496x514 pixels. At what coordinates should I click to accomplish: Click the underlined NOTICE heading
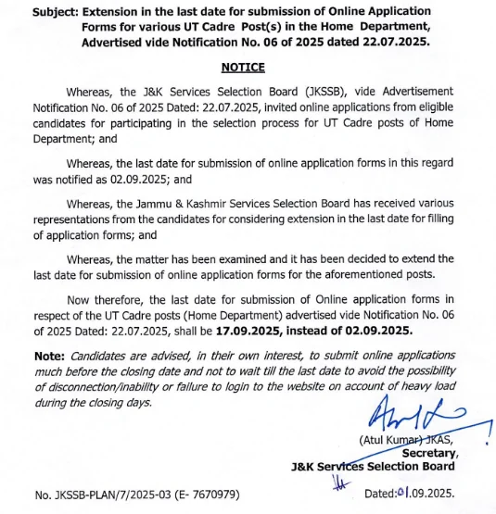pos(243,68)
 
